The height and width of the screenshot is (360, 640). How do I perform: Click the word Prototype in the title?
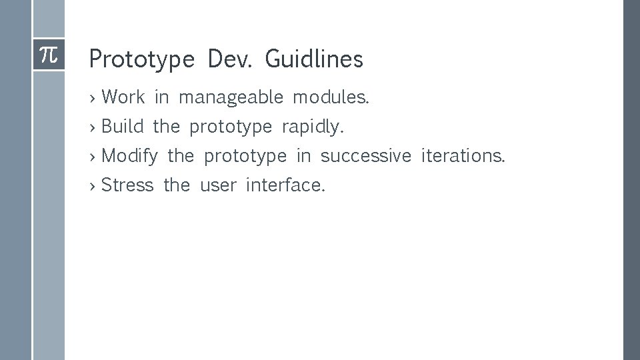coord(141,60)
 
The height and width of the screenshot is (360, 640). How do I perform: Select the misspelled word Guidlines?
coord(313,59)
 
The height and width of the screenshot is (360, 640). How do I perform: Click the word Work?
coord(123,97)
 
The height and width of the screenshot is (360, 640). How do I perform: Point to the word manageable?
coord(231,98)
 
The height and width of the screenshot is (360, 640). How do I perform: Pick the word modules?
coord(331,97)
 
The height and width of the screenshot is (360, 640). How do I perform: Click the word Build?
coord(123,127)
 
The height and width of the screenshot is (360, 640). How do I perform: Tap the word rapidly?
coord(313,127)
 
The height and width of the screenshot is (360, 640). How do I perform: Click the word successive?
coord(366,156)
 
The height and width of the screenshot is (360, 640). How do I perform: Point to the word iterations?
coord(463,156)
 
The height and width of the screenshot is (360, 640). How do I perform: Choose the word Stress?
coord(127,185)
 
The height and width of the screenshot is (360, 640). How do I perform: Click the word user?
coord(218,185)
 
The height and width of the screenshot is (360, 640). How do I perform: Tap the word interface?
coord(285,185)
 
